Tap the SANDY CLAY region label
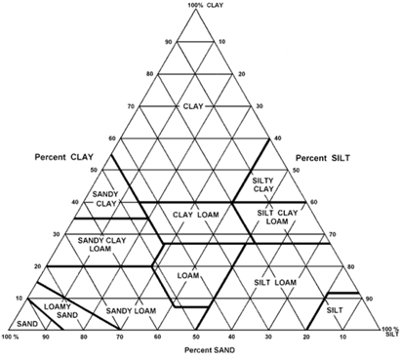click(105, 199)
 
